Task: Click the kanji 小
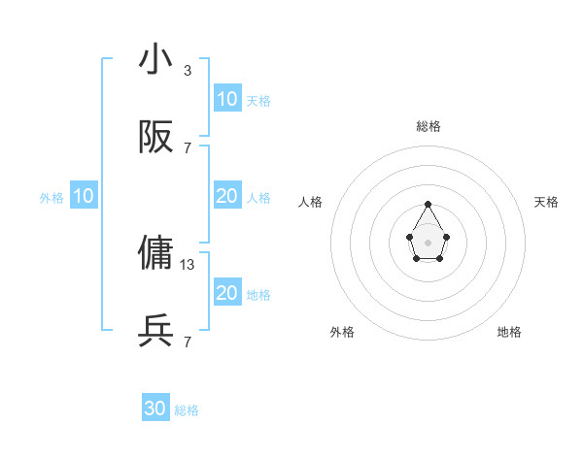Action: click(x=156, y=59)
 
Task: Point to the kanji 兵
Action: click(x=156, y=331)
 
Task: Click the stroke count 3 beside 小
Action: click(x=188, y=70)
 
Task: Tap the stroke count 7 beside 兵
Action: click(x=188, y=342)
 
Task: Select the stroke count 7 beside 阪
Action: click(x=188, y=147)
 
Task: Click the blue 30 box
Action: click(x=155, y=408)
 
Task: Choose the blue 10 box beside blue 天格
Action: click(x=226, y=98)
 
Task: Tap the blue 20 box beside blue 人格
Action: click(x=226, y=196)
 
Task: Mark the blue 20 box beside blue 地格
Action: click(x=226, y=293)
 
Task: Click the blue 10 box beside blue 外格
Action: click(x=84, y=196)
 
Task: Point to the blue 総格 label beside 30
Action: click(x=187, y=410)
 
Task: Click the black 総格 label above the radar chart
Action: click(x=429, y=126)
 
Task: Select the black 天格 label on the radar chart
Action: click(x=547, y=202)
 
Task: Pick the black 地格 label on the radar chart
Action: click(x=509, y=332)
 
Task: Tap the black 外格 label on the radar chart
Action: click(x=342, y=332)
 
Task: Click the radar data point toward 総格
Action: click(x=428, y=204)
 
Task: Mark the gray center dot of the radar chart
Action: click(x=428, y=241)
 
